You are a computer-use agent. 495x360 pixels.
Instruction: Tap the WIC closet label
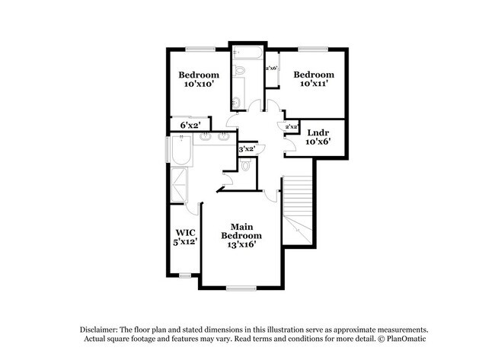[185, 232]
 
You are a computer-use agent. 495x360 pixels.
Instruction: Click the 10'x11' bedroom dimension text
[314, 84]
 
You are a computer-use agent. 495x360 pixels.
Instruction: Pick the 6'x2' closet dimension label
[190, 125]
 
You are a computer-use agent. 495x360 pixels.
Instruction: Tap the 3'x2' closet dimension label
[247, 149]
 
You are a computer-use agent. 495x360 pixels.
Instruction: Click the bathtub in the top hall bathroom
[248, 56]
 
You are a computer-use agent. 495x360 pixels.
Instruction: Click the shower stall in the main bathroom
[180, 183]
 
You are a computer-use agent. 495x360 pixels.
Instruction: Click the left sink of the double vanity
[206, 139]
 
